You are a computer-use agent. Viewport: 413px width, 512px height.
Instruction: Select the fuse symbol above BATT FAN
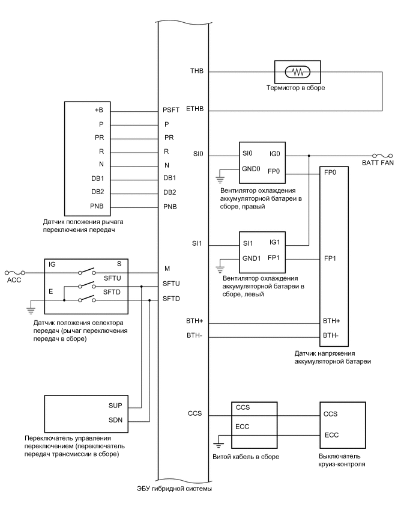click(x=382, y=154)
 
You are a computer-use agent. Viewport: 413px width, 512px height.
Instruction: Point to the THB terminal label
click(x=196, y=72)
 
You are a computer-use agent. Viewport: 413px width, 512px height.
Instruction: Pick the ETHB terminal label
click(x=194, y=111)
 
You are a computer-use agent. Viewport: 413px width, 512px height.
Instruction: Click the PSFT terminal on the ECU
click(x=171, y=111)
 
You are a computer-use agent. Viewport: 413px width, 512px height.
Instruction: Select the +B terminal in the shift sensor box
click(x=98, y=111)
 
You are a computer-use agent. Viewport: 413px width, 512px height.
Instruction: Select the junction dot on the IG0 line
click(x=309, y=155)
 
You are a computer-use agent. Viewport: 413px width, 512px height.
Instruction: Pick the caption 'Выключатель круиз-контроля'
click(x=341, y=462)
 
